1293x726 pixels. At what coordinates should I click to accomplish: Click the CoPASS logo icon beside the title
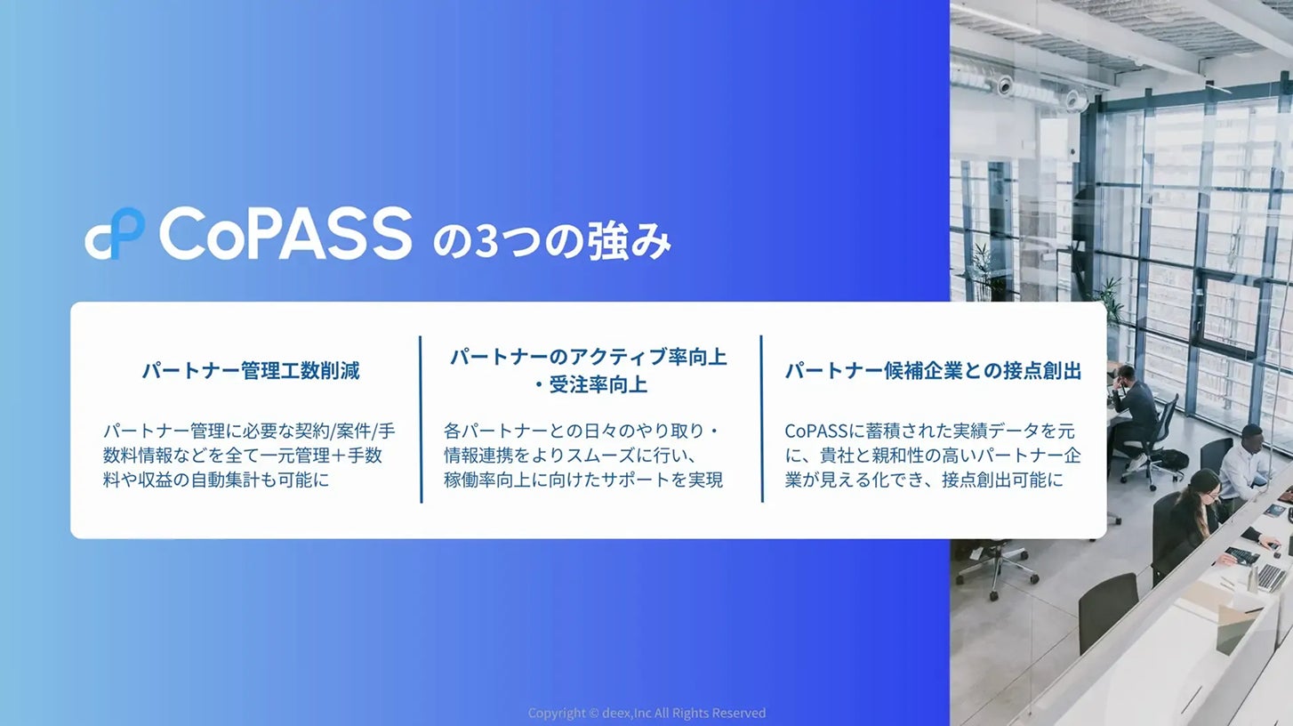click(x=115, y=233)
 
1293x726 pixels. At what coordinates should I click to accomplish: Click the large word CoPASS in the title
click(x=285, y=233)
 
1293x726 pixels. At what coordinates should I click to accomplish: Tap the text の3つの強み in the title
click(x=552, y=241)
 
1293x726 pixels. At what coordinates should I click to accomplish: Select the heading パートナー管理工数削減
click(x=251, y=371)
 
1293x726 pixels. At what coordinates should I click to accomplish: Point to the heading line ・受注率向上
click(x=589, y=384)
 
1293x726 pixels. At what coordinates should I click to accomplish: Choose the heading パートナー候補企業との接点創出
click(x=934, y=371)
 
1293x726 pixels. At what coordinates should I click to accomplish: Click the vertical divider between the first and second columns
click(x=421, y=419)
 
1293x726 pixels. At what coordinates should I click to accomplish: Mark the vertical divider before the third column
click(x=762, y=419)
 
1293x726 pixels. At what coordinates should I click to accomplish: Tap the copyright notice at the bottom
click(x=646, y=714)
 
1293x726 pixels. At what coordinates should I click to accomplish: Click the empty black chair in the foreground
click(x=1107, y=612)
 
